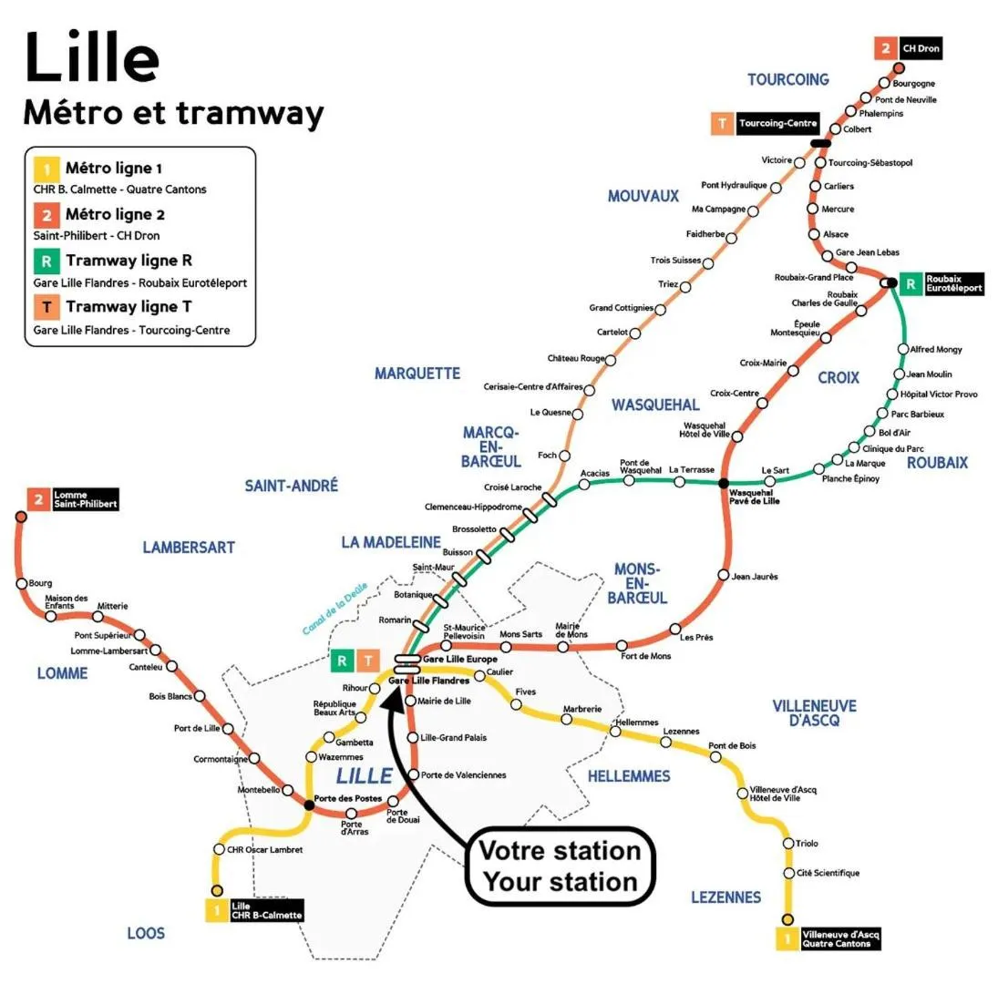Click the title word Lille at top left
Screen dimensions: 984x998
coord(91,57)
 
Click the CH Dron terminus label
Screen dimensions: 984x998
coord(920,47)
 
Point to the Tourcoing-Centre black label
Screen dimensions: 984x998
coord(777,123)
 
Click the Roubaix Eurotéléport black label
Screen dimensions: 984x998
coord(953,282)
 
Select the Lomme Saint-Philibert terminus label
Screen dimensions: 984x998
coord(85,499)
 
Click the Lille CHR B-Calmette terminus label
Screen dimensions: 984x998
coord(265,910)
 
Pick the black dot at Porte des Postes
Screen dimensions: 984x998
coord(309,805)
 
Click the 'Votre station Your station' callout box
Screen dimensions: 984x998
coord(560,866)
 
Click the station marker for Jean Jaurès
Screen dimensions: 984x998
coord(724,575)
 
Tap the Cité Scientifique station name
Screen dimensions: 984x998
coord(828,873)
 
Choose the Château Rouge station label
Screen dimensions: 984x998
coord(575,358)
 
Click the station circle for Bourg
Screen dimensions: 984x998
coord(21,584)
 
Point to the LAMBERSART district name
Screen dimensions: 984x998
coord(189,548)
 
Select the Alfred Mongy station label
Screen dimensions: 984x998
coord(936,349)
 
